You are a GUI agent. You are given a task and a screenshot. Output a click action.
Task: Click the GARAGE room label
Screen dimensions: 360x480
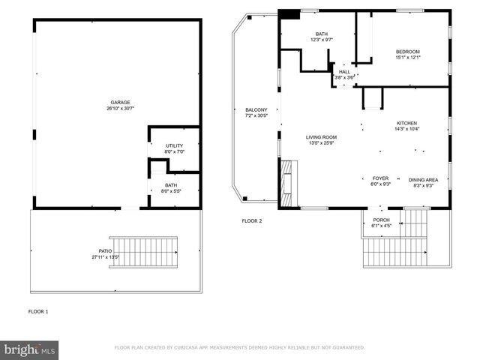(121, 102)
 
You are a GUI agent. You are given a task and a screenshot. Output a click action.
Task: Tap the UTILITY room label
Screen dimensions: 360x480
(174, 145)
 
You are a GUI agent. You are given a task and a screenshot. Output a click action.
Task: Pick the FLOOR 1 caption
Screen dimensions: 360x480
(38, 310)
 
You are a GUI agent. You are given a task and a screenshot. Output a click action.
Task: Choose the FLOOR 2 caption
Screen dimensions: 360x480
(251, 221)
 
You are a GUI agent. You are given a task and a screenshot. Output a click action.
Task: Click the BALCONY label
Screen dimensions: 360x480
(256, 109)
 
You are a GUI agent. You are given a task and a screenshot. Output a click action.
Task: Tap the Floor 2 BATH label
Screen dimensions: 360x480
(322, 34)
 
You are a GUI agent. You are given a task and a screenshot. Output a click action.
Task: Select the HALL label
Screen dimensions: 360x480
(344, 72)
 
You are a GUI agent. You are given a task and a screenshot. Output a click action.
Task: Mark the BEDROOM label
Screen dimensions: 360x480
(408, 51)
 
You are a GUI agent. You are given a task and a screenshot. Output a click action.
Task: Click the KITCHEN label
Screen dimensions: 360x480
(407, 123)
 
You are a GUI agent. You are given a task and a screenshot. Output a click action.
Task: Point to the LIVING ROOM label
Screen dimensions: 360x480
(321, 137)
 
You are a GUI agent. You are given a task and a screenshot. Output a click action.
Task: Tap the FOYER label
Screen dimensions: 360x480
(380, 178)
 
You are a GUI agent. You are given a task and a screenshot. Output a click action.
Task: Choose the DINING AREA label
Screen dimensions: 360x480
(423, 179)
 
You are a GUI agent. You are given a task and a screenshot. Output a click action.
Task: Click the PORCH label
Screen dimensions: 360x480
(381, 220)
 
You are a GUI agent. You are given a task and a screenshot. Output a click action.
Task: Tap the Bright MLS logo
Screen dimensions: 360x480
(30, 349)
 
